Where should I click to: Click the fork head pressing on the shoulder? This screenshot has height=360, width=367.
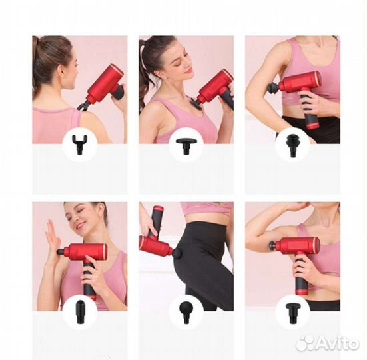pyautogui.click(x=83, y=107)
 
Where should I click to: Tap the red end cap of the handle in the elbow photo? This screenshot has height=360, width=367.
pyautogui.click(x=312, y=126)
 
